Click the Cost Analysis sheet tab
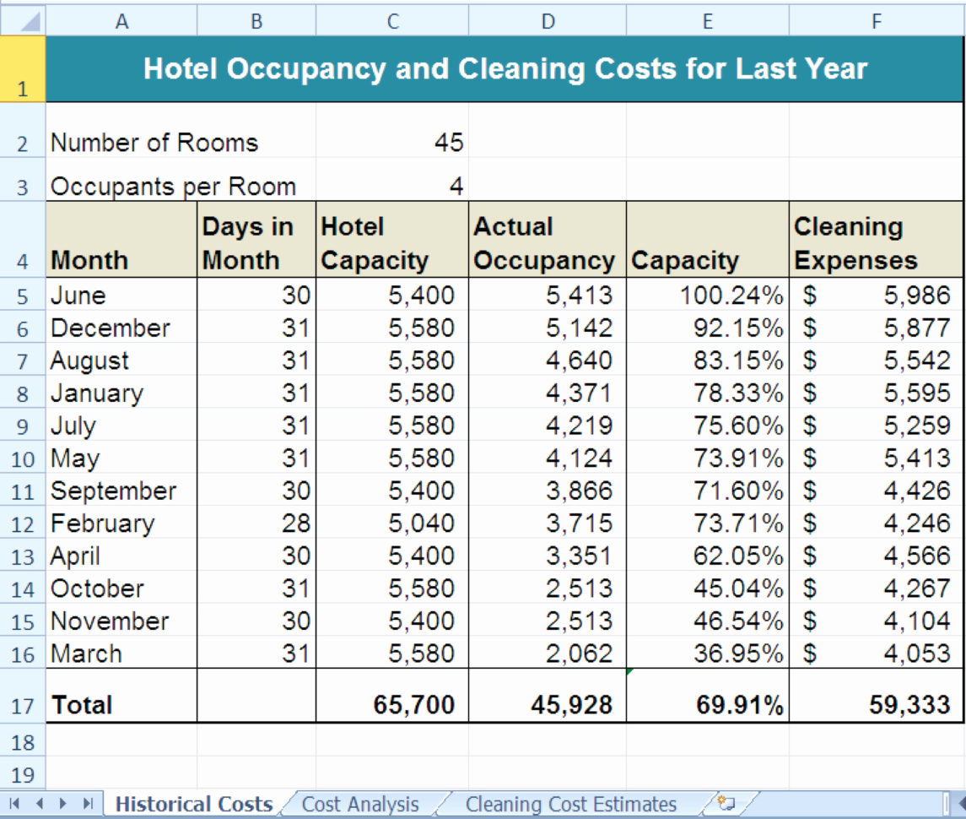(360, 805)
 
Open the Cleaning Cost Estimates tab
(570, 805)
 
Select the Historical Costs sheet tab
(193, 805)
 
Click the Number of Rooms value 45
(449, 143)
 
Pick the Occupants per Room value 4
(456, 187)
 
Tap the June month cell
(78, 296)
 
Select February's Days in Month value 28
(296, 523)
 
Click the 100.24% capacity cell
(731, 296)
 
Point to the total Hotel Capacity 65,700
(413, 705)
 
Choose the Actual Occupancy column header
(544, 244)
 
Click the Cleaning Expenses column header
(855, 244)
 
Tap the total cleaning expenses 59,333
(909, 705)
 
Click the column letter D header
(548, 21)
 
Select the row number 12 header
(23, 524)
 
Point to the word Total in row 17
(82, 705)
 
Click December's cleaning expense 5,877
(916, 328)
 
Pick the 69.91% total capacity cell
(739, 705)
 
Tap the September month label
(113, 491)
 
